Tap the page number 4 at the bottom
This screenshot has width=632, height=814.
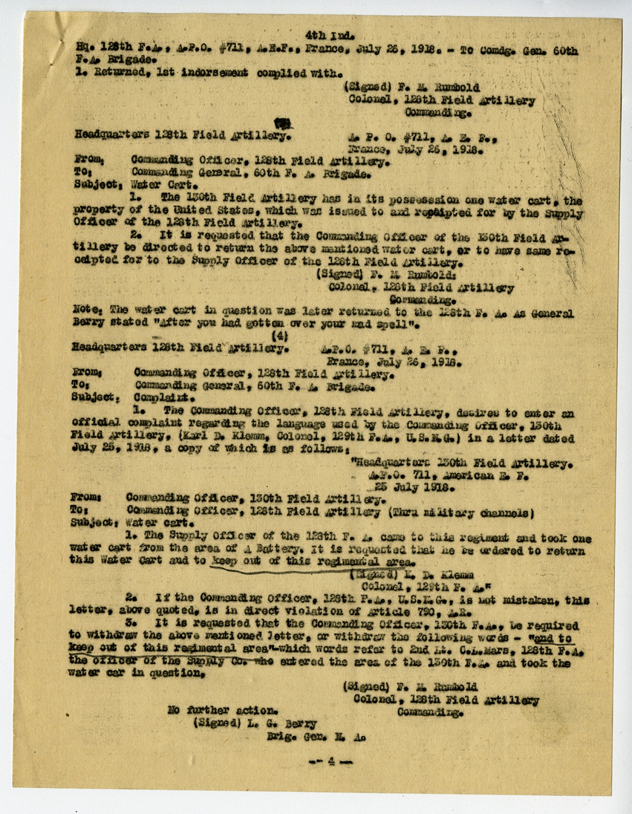click(x=331, y=761)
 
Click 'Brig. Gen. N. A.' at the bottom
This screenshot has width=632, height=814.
click(x=316, y=737)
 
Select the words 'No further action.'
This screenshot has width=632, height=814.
click(x=222, y=710)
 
